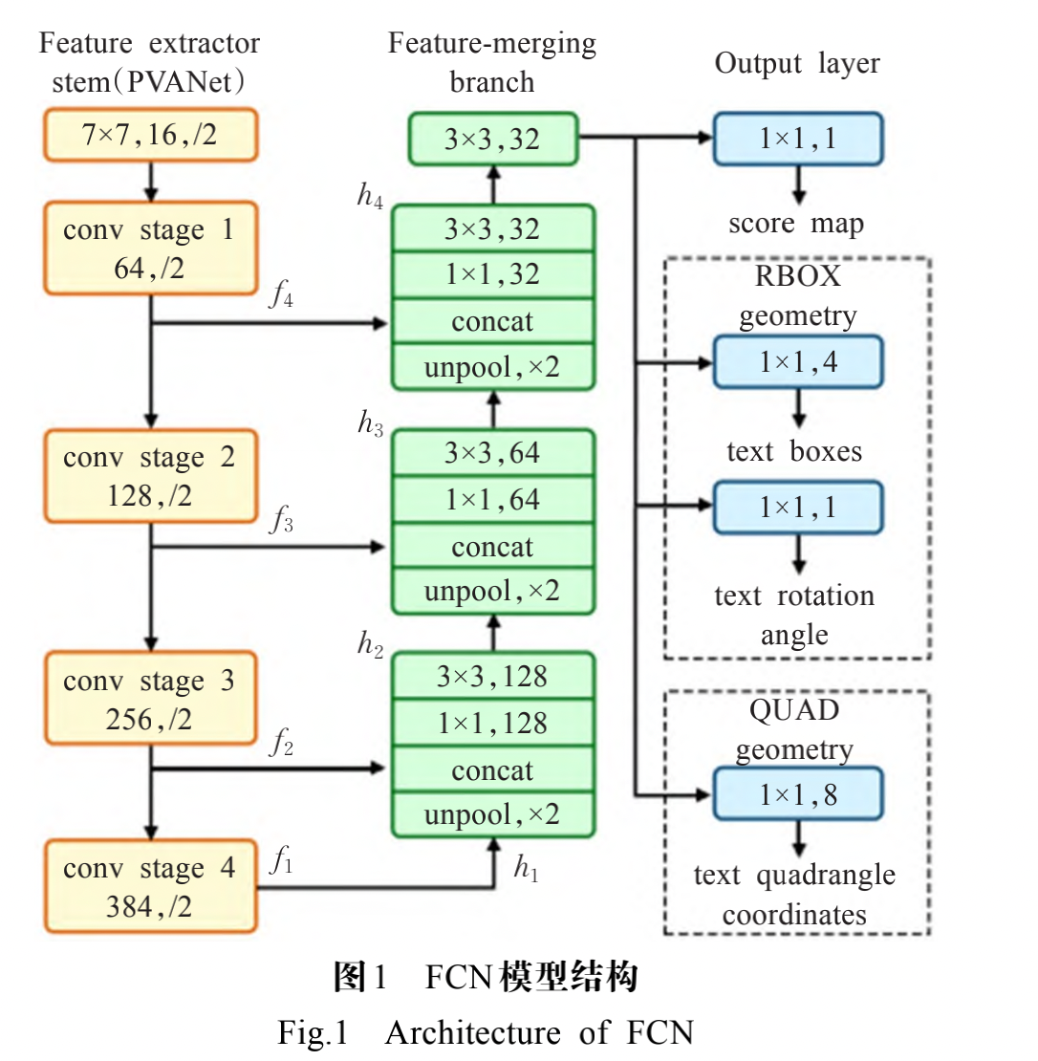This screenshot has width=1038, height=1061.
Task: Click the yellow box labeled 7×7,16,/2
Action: point(150,135)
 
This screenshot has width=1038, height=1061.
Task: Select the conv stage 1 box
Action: point(150,249)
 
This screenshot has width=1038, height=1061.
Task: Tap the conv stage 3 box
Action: point(150,700)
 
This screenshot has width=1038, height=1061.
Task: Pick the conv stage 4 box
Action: point(150,886)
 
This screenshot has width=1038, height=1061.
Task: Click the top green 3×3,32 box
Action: point(493,140)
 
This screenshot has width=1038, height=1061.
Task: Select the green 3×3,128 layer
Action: point(493,677)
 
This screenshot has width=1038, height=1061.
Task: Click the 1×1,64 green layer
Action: point(493,499)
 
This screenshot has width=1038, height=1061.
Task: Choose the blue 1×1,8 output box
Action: point(798,794)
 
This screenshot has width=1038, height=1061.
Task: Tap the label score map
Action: point(795,224)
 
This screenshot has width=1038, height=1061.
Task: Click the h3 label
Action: point(370,422)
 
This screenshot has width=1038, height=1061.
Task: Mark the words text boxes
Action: point(794,451)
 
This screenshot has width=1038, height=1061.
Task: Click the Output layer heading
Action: point(797,64)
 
